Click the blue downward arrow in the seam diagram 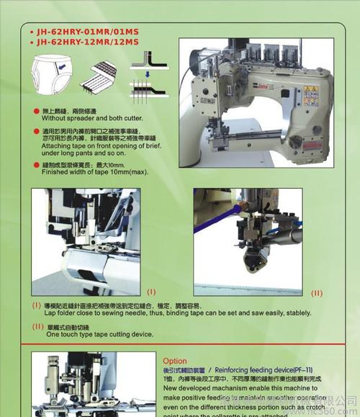[144, 73]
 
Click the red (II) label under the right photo [318, 293]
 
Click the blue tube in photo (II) [216, 226]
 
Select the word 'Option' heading [175, 361]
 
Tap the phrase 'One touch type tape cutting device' [100, 334]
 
